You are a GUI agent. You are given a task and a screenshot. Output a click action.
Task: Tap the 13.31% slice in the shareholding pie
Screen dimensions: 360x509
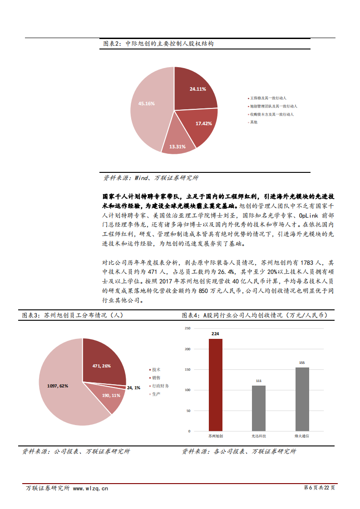coord(178,141)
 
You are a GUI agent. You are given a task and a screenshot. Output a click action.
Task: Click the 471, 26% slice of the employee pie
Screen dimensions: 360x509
coord(102,363)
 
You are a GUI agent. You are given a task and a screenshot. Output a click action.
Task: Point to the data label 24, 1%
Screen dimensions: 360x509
coord(133,388)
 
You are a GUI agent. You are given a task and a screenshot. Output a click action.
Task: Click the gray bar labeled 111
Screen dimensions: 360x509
coord(258,408)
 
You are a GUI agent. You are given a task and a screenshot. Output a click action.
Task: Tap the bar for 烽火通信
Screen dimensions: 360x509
coord(302,399)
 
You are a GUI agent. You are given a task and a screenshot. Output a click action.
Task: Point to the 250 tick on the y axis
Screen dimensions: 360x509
coord(186,328)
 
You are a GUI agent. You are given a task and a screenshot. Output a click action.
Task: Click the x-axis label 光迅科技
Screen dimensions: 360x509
coord(259,436)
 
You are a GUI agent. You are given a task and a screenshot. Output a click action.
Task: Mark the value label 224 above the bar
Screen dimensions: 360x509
coord(215,333)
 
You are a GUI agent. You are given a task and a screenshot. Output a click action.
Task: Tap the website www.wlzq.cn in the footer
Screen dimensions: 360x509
coord(90,489)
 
